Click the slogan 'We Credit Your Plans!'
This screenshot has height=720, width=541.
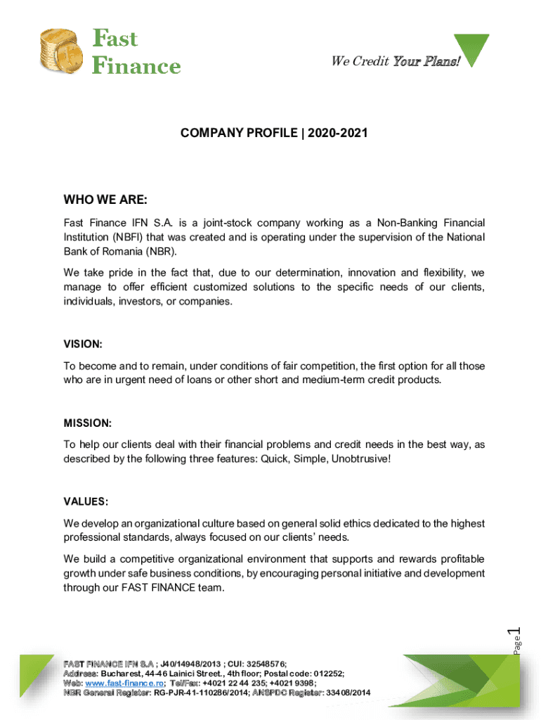(396, 61)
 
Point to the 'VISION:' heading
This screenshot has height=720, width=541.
(83, 345)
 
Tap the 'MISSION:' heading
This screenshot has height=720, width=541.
(87, 423)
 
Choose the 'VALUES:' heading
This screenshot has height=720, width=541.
(86, 501)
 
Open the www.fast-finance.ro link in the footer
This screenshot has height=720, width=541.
(124, 683)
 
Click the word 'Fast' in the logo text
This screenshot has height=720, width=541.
(115, 39)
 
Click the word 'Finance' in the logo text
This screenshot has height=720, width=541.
(137, 66)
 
